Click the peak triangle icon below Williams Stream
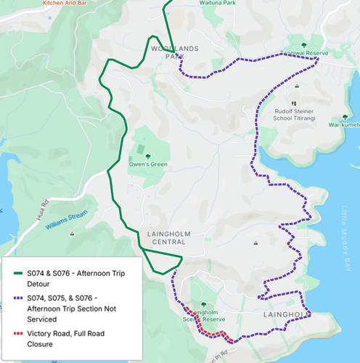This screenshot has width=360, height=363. (72, 234)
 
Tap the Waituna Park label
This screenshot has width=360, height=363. (199, 3)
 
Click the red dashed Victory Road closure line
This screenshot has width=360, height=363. (210, 333)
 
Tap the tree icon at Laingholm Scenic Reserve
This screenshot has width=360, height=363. (202, 303)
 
